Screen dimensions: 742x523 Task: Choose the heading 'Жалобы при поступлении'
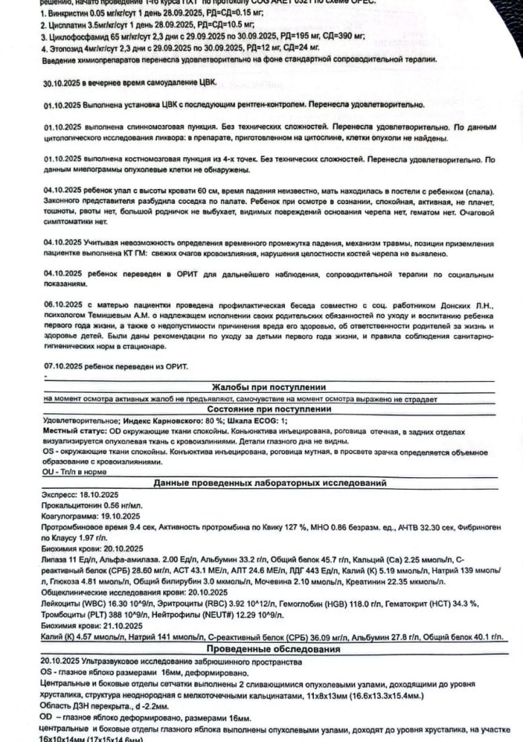(x=261, y=387)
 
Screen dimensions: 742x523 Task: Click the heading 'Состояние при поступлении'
(x=261, y=409)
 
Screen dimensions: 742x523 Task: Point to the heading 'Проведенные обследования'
(x=261, y=650)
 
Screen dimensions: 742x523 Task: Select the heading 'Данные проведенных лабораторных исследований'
(x=261, y=484)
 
